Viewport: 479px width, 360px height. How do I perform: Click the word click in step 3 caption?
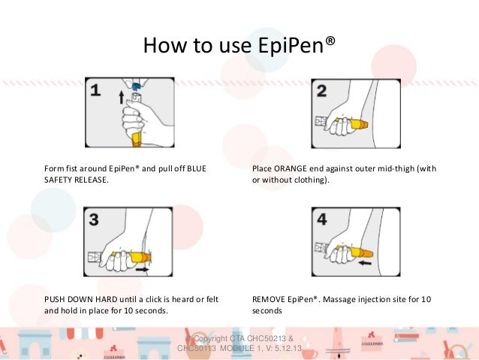coord(150,299)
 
